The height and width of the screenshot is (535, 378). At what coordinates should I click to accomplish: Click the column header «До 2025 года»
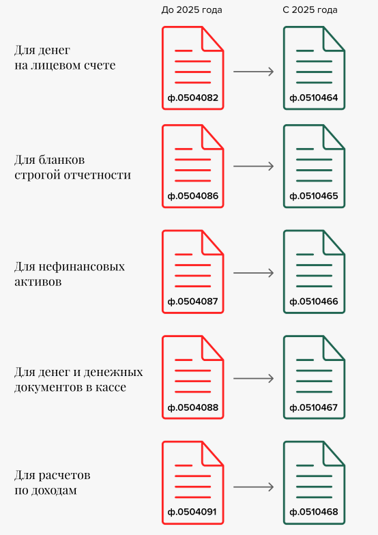pos(192,10)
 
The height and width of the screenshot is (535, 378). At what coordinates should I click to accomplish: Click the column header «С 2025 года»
pos(310,10)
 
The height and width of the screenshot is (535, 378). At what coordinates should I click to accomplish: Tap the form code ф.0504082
pos(192,98)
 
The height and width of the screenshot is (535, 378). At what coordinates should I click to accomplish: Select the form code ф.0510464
pos(314,98)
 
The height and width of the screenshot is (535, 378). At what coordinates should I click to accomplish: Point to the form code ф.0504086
pos(192,197)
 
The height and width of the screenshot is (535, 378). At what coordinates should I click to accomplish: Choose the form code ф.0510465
pos(314,197)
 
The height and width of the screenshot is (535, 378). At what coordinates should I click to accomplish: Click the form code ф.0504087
pos(192,302)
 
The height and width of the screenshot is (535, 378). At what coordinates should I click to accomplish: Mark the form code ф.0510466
pos(314,302)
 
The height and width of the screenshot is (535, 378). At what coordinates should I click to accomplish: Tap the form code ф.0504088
pos(192,408)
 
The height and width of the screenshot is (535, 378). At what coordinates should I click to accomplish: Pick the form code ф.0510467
pos(314,408)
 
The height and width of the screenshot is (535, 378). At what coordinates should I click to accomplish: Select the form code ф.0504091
pos(192,512)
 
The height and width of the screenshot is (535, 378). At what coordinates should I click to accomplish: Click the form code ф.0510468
pos(314,512)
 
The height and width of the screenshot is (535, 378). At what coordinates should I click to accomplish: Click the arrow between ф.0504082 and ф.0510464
pos(254,72)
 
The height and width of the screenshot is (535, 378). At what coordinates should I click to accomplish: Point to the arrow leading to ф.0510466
pos(254,273)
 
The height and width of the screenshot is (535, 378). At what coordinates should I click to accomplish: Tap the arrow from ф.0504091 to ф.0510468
pos(254,487)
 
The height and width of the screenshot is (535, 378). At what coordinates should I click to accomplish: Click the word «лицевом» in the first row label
pos(56,66)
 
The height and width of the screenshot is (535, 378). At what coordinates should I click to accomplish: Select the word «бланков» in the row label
pos(61,160)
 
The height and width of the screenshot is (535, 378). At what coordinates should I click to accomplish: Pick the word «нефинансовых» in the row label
pos(82,266)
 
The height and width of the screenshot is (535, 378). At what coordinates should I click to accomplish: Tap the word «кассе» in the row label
pos(110,388)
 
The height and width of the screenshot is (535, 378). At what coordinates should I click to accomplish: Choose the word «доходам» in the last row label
pos(54,491)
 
